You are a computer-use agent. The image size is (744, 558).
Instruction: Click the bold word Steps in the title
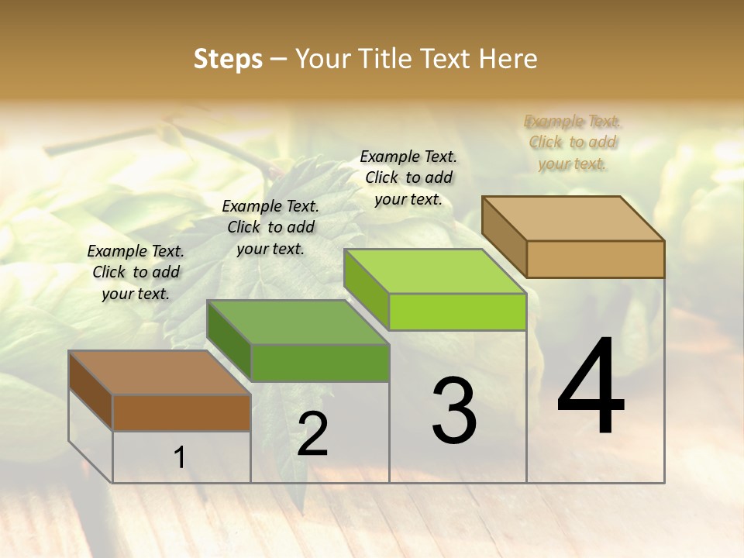coord(228,59)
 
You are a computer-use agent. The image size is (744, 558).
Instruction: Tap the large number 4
coord(591,387)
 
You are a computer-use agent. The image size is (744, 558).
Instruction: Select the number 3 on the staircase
coord(454,411)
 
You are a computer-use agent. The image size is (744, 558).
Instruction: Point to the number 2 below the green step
coord(312,435)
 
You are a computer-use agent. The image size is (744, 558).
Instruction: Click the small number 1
coord(180,458)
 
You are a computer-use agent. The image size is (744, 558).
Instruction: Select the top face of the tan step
coord(573,219)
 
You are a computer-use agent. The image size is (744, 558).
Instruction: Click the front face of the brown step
coord(181,412)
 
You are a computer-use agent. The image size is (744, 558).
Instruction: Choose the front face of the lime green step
coord(457,312)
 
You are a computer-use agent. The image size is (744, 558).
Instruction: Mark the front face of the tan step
coord(595,259)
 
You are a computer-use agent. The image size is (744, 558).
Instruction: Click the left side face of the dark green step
coord(229,341)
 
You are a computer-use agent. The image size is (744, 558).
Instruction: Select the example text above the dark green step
coord(270,228)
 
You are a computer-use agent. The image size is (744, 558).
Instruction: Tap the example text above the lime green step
coord(408,177)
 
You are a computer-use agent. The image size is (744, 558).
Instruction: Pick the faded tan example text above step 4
coord(573,143)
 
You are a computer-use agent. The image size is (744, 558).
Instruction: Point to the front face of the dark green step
coord(320,363)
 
